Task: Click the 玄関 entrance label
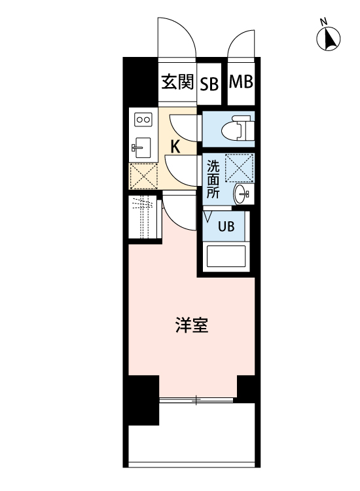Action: pos(177,82)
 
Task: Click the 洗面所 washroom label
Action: pos(213,179)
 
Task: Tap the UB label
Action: pos(225,227)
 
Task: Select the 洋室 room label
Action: pos(192,325)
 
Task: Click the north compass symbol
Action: pos(329,39)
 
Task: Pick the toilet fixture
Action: pos(236,130)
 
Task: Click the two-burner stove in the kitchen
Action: pos(143,120)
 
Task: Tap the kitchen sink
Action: pos(142,147)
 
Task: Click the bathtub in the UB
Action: pos(226,256)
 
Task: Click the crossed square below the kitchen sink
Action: pos(143,175)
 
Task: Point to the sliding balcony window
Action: pos(196,399)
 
